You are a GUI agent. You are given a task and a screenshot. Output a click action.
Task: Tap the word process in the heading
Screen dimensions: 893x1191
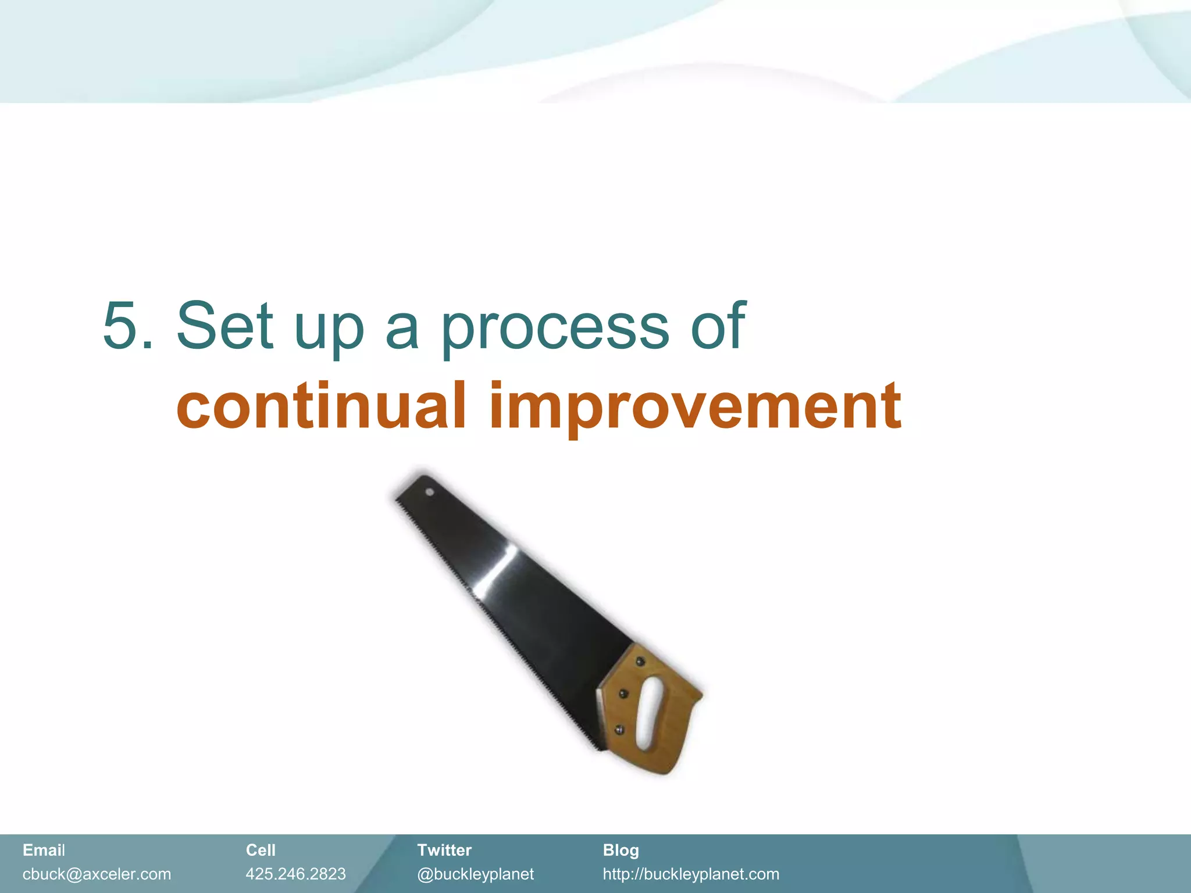click(x=555, y=328)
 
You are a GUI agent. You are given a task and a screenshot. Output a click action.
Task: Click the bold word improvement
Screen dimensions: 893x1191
click(x=696, y=407)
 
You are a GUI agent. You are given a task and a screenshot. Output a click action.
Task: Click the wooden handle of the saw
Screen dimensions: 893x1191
click(x=669, y=738)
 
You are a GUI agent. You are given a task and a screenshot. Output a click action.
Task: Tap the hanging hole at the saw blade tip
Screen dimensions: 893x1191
click(x=430, y=492)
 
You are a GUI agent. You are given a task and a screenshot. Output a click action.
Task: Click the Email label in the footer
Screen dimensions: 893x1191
click(x=44, y=850)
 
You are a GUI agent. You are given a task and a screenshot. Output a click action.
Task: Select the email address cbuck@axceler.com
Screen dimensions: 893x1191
click(x=97, y=874)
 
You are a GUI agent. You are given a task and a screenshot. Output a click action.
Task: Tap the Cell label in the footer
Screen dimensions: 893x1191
click(x=261, y=850)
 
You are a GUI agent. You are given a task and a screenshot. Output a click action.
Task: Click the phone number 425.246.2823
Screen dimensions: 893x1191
click(x=295, y=874)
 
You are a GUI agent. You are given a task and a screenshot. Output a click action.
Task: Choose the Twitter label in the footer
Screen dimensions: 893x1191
click(x=444, y=850)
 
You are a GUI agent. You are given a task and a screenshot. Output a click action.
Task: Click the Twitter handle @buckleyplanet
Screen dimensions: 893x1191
click(x=475, y=874)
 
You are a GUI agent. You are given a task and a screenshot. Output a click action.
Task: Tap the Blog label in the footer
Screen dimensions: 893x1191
click(x=621, y=850)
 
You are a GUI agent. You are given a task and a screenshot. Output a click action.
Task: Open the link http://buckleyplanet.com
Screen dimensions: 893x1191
click(x=691, y=874)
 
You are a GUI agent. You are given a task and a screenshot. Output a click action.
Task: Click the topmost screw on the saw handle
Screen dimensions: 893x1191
click(x=640, y=661)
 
